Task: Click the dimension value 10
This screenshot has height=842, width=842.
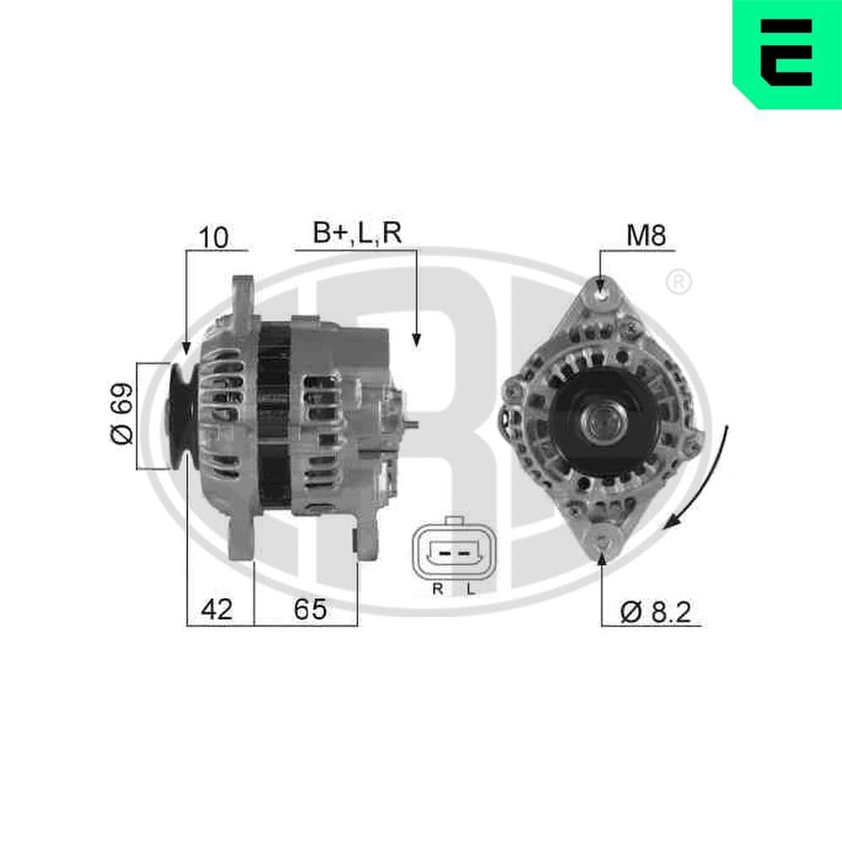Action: coord(215,237)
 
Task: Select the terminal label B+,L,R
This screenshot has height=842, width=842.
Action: coord(357,234)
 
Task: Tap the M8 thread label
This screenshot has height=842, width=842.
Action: coord(646,237)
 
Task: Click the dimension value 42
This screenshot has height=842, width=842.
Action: coord(216,610)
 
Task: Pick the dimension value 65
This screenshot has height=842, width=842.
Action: coord(309,610)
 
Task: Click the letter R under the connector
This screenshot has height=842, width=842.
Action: coord(437,589)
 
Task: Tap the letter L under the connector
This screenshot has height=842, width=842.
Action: coord(471,589)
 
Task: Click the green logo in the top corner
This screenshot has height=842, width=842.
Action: coord(786,53)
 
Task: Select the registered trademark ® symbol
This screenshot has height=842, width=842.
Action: coord(678,283)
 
